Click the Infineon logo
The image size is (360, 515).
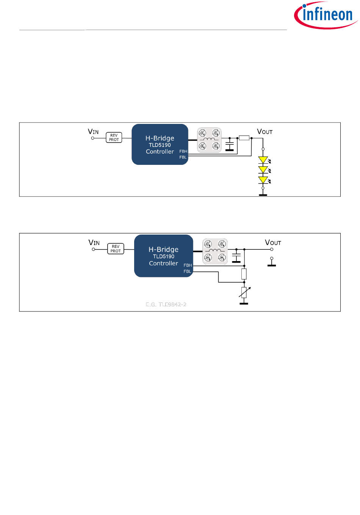(x=326, y=15)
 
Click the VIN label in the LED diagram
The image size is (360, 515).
(x=93, y=132)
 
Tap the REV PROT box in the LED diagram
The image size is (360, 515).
(x=114, y=138)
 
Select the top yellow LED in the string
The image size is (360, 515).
(x=263, y=160)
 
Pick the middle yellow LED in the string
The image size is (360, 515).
(x=263, y=170)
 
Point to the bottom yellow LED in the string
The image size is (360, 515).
(x=263, y=180)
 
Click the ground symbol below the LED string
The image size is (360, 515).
(x=263, y=194)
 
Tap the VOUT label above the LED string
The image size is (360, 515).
(x=265, y=132)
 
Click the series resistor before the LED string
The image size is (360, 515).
(x=244, y=138)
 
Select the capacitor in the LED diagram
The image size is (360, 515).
(x=230, y=145)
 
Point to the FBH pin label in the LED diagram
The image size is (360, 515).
(x=183, y=152)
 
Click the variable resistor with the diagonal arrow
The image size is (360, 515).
(x=244, y=293)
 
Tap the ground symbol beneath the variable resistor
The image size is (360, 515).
(x=244, y=303)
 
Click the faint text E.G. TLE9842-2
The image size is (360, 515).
(x=166, y=305)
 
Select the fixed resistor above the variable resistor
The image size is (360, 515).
(x=244, y=274)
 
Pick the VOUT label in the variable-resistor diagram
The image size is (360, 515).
(x=273, y=243)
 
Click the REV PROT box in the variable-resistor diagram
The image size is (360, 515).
(x=116, y=249)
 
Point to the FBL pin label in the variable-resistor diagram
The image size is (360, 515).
(x=188, y=271)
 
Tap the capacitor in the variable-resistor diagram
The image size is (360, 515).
(x=236, y=256)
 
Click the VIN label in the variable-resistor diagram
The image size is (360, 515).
(x=94, y=243)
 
